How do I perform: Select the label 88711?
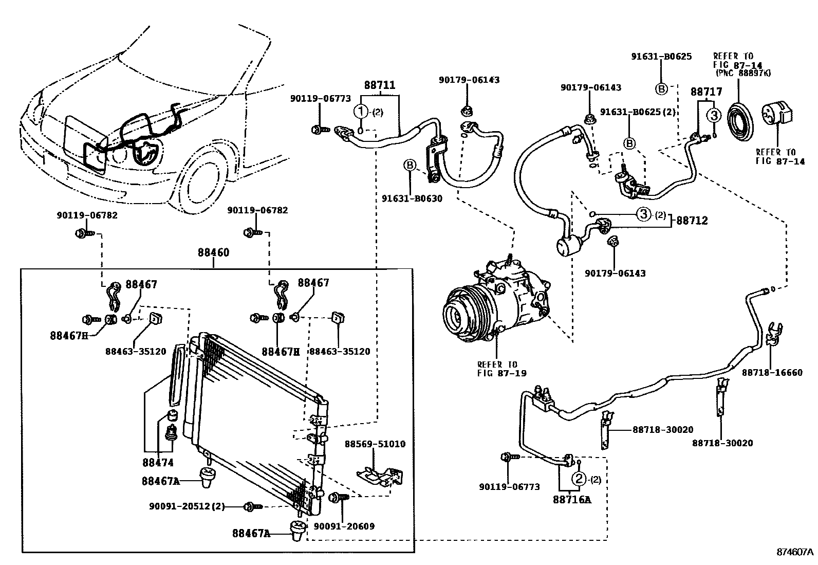coord(380,85)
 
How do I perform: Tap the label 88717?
coord(706,92)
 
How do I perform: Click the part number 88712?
coord(692,221)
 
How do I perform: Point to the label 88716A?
coord(571,499)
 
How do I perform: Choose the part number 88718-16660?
coord(772,372)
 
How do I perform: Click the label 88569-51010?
coord(375,444)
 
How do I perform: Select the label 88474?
coord(158,463)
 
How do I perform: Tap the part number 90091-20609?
coord(344,526)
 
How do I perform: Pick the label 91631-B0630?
coord(412,198)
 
